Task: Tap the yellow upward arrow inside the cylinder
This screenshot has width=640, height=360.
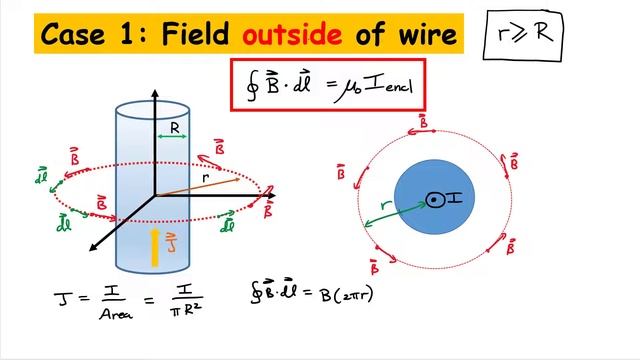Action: [x=153, y=246]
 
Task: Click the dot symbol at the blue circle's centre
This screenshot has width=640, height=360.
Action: [x=434, y=200]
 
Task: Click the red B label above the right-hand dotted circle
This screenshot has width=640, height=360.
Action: [x=423, y=120]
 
